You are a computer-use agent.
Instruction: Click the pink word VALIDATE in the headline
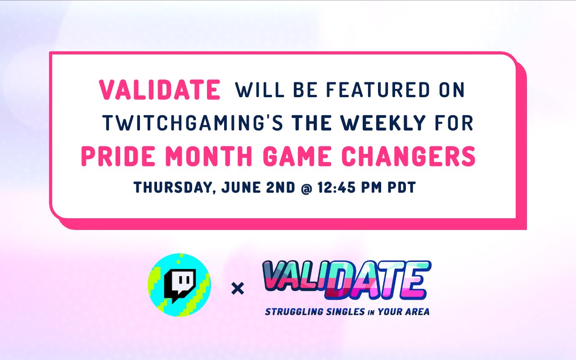(160, 90)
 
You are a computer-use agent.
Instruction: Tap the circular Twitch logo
(179, 284)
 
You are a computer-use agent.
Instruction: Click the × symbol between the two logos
(237, 288)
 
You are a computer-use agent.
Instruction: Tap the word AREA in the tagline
(418, 311)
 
